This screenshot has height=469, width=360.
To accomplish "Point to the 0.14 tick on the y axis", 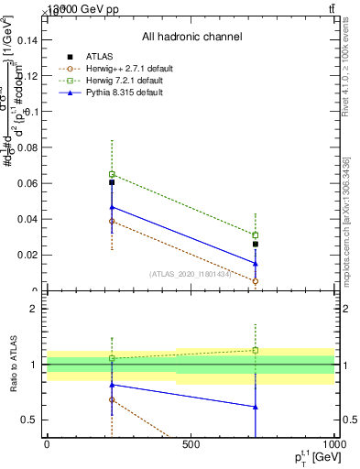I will pyautogui.click(x=27, y=39).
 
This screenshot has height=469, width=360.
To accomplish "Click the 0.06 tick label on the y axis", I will pyautogui.click(x=27, y=183).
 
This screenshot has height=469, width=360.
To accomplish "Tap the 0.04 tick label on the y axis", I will pyautogui.click(x=27, y=220).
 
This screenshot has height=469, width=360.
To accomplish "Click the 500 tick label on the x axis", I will pyautogui.click(x=191, y=444).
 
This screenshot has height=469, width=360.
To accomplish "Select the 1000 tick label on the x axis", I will pyautogui.click(x=333, y=444).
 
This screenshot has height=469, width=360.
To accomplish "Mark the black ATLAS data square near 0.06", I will pyautogui.click(x=112, y=182).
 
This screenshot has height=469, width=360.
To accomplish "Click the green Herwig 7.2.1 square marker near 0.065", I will pyautogui.click(x=112, y=174).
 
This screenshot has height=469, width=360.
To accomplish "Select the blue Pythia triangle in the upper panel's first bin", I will pyautogui.click(x=112, y=207).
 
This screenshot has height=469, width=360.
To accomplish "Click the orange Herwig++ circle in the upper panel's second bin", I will pyautogui.click(x=256, y=281).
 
